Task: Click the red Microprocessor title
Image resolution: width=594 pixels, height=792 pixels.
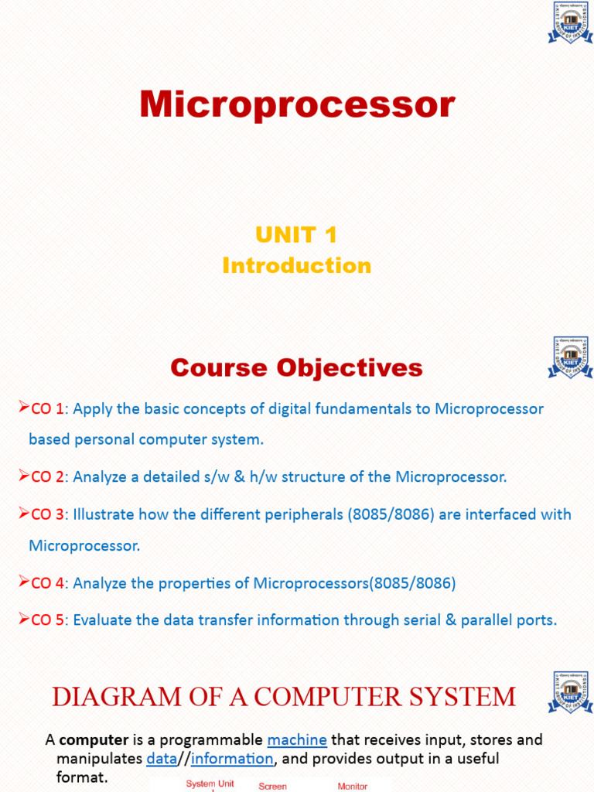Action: click(x=297, y=104)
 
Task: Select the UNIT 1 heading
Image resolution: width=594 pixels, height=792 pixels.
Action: click(x=296, y=234)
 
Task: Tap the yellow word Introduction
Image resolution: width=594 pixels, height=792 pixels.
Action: click(x=296, y=265)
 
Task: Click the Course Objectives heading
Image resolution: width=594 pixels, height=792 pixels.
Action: click(x=296, y=367)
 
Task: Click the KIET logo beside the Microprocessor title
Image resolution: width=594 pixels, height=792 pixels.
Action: click(x=570, y=22)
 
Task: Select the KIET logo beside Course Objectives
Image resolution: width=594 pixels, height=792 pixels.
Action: click(x=570, y=357)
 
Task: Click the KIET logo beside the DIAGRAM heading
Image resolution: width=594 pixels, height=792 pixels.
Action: click(x=570, y=692)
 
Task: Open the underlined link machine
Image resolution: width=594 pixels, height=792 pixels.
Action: click(x=297, y=739)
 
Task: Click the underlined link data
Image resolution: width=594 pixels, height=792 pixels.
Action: click(x=162, y=758)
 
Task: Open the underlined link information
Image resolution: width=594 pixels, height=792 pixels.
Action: click(x=232, y=758)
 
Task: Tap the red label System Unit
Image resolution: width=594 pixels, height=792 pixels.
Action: click(x=210, y=783)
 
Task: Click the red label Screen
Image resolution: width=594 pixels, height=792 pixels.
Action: click(x=272, y=786)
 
